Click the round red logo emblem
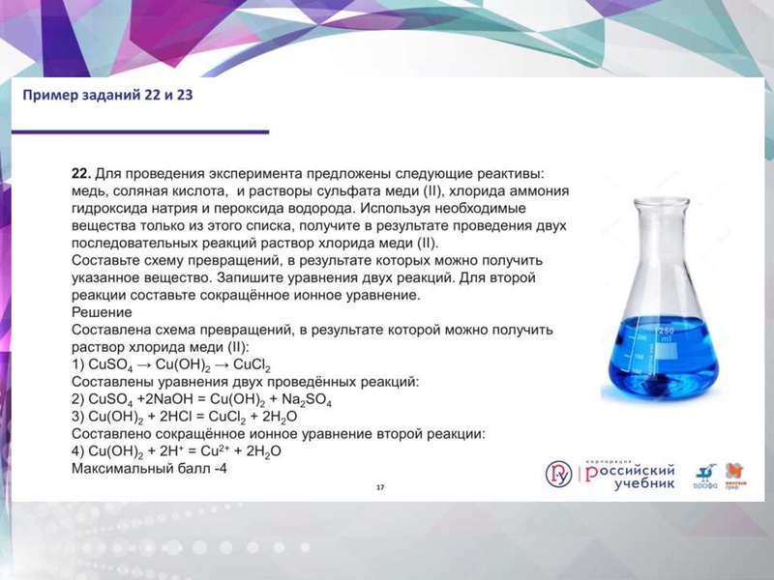point(558,474)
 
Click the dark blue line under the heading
point(145,130)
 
